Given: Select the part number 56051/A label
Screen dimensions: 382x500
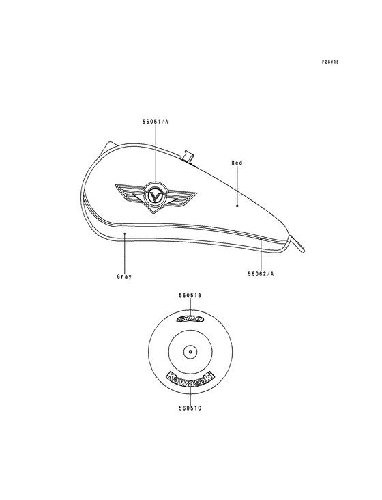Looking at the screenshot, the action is tap(155, 121).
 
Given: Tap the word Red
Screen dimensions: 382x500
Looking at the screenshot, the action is tap(237, 163).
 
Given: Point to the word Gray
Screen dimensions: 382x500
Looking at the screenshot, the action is tap(124, 277).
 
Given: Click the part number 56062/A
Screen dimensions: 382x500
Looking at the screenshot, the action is tap(261, 274).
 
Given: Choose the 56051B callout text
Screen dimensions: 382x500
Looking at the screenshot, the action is tap(190, 296).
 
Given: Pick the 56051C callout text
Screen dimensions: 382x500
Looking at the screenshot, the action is tap(190, 408).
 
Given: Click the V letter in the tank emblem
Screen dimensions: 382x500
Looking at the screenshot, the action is tap(155, 195).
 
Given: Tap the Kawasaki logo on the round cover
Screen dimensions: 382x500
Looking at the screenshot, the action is tap(190, 380).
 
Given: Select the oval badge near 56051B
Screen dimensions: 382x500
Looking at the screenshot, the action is tap(190, 319).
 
